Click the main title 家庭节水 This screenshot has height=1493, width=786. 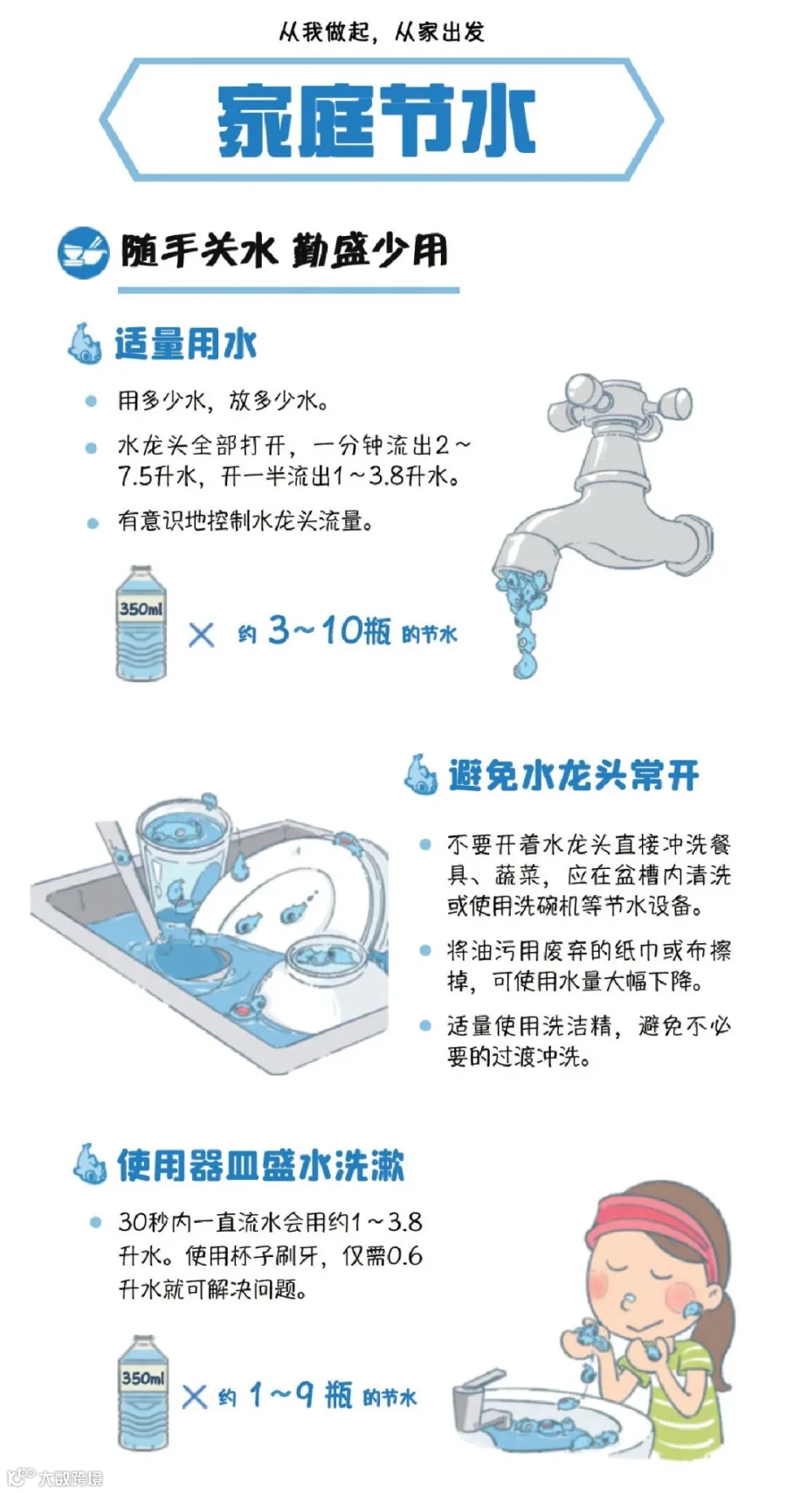376,121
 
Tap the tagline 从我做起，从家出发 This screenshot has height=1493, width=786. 381,31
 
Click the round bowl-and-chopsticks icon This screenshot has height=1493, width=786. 83,253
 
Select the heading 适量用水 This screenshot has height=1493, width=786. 186,344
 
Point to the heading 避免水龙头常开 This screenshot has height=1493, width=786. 574,775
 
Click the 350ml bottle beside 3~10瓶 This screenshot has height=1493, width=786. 141,623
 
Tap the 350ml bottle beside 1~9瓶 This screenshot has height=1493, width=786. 143,1392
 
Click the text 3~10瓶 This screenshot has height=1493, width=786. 329,630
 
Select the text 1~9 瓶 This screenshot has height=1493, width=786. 300,1395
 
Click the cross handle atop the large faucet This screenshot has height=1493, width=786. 619,398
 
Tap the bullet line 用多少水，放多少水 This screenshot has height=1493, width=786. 223,401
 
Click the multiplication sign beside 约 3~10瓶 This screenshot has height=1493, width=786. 201,635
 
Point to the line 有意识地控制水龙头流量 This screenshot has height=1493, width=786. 245,521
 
